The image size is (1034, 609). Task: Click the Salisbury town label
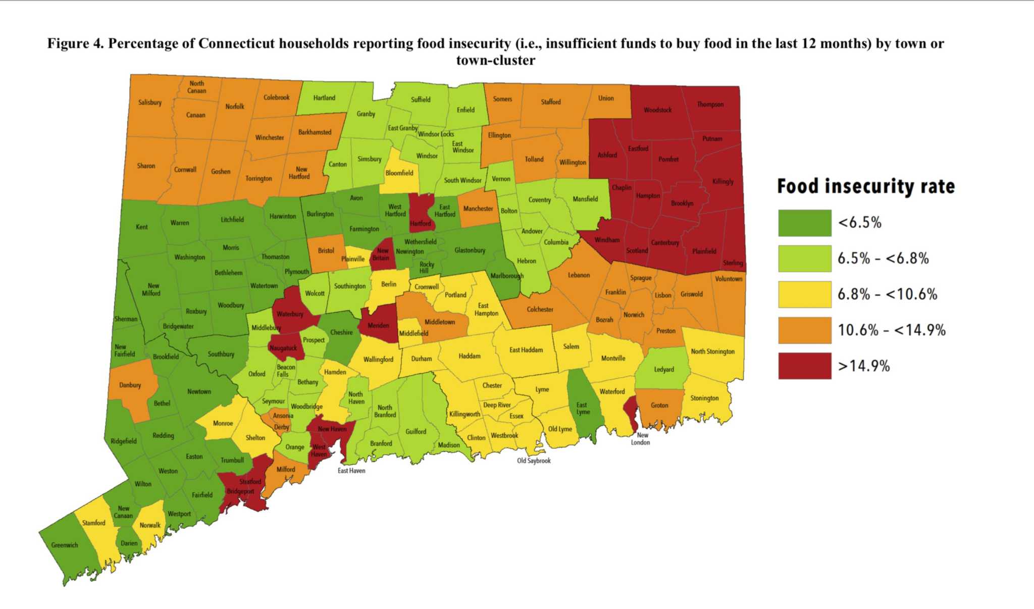(150, 103)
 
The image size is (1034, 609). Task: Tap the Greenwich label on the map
(65, 545)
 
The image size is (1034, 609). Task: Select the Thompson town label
(710, 105)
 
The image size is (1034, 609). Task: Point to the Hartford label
(420, 224)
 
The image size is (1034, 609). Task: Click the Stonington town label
(704, 398)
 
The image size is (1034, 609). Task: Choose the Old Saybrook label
(534, 461)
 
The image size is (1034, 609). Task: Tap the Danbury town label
(130, 385)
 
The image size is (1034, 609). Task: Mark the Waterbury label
(290, 314)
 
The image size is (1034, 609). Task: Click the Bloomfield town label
(399, 173)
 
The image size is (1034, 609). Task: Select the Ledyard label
(664, 370)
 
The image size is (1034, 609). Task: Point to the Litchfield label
(232, 220)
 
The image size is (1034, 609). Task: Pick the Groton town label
(659, 405)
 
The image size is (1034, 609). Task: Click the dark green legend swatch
(804, 223)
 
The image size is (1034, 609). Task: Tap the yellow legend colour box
(804, 294)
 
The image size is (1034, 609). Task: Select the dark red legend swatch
(804, 366)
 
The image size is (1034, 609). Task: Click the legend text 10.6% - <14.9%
(892, 330)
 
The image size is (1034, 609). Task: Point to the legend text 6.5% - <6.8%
(883, 259)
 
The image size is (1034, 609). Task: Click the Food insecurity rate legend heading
(865, 186)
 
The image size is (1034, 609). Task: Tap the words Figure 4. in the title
(75, 44)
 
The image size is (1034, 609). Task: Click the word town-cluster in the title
(495, 61)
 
